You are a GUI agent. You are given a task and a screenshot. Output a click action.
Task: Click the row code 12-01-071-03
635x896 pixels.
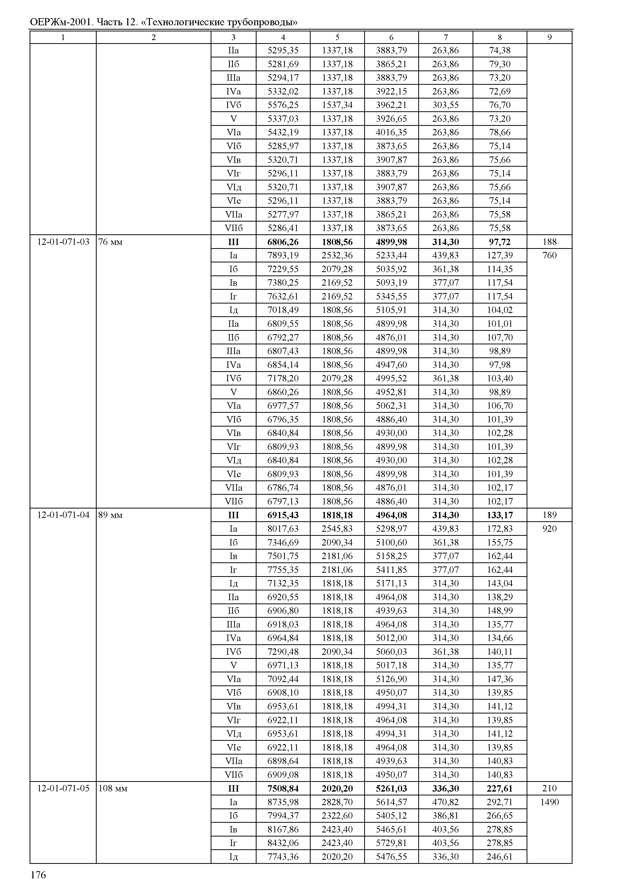63,242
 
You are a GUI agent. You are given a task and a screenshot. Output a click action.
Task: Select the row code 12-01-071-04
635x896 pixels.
63,515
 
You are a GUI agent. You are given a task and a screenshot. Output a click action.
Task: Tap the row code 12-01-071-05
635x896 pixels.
63,788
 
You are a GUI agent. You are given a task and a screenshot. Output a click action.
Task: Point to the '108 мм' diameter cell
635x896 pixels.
113,788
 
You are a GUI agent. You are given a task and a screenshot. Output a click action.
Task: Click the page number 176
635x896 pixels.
38,875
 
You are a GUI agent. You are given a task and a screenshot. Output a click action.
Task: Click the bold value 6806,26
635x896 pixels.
283,242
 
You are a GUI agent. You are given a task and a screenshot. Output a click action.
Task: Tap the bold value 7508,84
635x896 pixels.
283,788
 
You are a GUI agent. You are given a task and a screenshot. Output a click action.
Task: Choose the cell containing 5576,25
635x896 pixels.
283,105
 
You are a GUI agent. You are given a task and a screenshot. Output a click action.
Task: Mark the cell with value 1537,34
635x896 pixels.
337,105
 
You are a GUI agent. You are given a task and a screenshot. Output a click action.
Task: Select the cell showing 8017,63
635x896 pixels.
283,529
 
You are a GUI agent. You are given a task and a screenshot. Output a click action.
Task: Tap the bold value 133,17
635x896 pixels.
500,515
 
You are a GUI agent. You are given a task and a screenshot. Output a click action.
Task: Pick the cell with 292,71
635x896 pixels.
500,802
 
